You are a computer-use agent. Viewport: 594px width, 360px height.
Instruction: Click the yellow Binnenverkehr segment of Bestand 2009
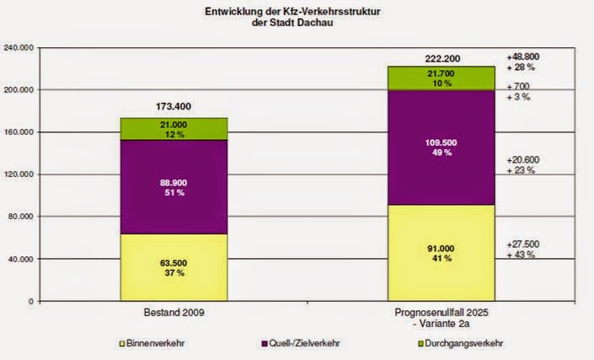click(x=174, y=267)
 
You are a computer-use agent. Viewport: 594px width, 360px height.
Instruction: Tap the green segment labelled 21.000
click(x=174, y=129)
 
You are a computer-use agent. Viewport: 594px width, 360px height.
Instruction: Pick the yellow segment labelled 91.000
click(x=441, y=252)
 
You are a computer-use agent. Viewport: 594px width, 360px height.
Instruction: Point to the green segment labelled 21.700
click(x=441, y=78)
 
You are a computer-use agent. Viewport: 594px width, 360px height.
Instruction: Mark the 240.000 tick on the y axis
click(x=18, y=48)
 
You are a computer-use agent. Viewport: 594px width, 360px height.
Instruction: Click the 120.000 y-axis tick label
click(x=18, y=175)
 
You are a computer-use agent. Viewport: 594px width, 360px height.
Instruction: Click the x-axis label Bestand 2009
click(x=174, y=312)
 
